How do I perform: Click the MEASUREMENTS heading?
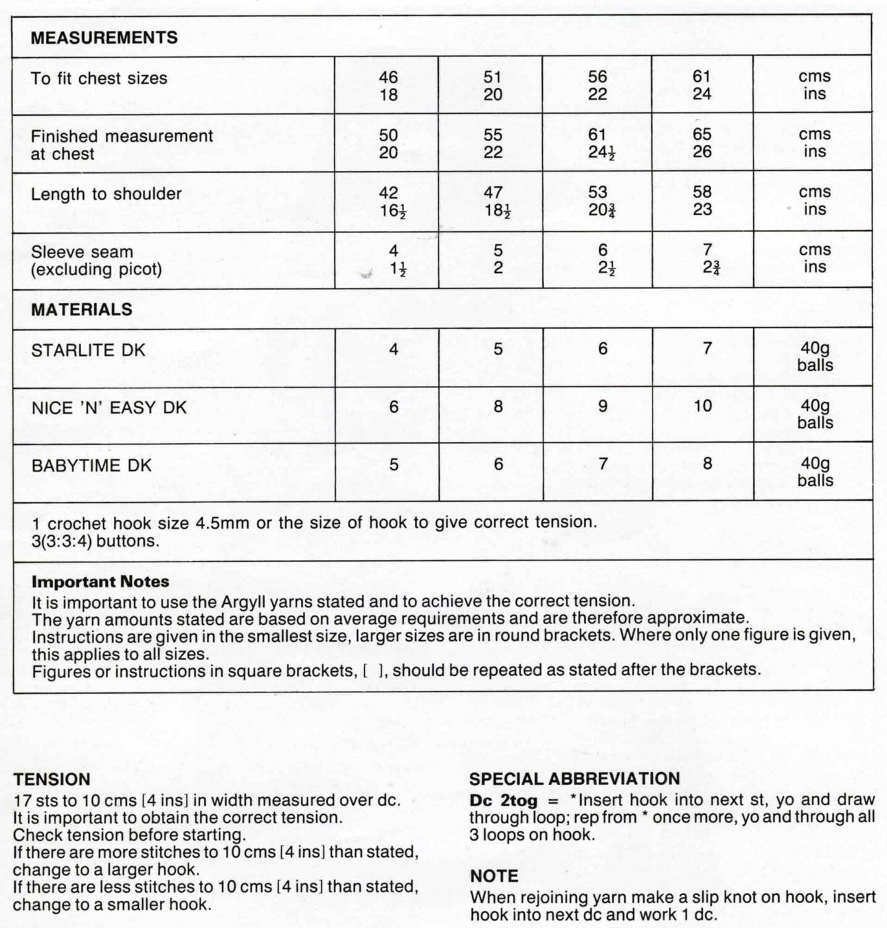[x=104, y=38]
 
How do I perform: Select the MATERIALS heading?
[x=82, y=309]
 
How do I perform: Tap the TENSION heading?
[x=51, y=780]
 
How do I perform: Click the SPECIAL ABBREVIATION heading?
[x=574, y=779]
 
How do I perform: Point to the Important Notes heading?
[x=100, y=582]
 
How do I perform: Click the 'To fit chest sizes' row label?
[x=99, y=79]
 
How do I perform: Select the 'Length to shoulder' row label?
[x=106, y=194]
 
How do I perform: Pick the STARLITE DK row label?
[x=88, y=350]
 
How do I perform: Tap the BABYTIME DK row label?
[x=91, y=465]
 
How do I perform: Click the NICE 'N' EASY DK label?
[x=108, y=408]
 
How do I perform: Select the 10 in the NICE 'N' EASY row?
[x=702, y=406]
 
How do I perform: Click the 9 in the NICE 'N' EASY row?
[x=602, y=406]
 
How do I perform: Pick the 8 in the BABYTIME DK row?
[x=707, y=464]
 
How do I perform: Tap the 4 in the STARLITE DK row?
[x=394, y=350]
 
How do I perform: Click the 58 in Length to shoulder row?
[x=702, y=192]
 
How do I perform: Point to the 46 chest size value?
[x=388, y=77]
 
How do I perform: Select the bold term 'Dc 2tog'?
[x=503, y=801]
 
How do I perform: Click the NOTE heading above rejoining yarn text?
[x=494, y=876]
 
